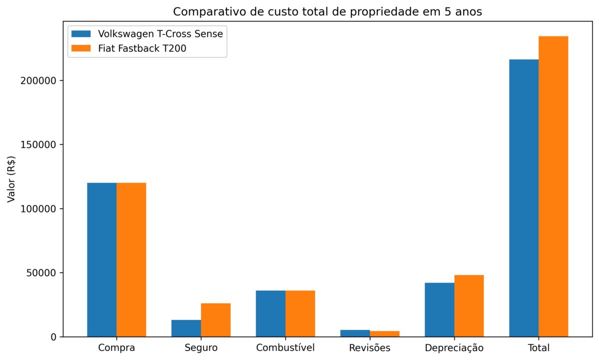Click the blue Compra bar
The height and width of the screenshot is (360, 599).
pos(102,260)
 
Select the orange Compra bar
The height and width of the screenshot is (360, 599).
pos(131,260)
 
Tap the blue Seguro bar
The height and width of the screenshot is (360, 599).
pos(186,328)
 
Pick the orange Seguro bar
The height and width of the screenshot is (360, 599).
pos(216,320)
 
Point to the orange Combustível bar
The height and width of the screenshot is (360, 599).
pos(300,314)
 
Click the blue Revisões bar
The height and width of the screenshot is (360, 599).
pos(355,333)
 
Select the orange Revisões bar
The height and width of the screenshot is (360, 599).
pos(385,334)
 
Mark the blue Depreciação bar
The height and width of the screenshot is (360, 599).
pos(440,310)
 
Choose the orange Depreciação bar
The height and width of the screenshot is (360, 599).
pos(469,306)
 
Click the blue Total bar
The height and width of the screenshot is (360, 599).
pos(524,198)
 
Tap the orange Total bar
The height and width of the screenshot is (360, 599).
pos(553,186)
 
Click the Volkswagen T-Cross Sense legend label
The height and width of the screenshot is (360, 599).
pos(160,34)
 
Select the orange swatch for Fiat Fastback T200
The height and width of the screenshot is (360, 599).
pos(81,48)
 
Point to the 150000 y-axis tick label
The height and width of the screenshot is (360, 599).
pos(38,145)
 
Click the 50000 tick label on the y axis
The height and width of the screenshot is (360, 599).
pos(41,273)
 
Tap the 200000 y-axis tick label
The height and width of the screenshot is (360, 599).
pos(38,81)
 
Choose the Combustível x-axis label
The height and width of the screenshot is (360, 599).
pos(286,348)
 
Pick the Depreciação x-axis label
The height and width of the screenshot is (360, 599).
pos(454,348)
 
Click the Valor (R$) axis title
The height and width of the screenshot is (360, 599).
pos(11,179)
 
